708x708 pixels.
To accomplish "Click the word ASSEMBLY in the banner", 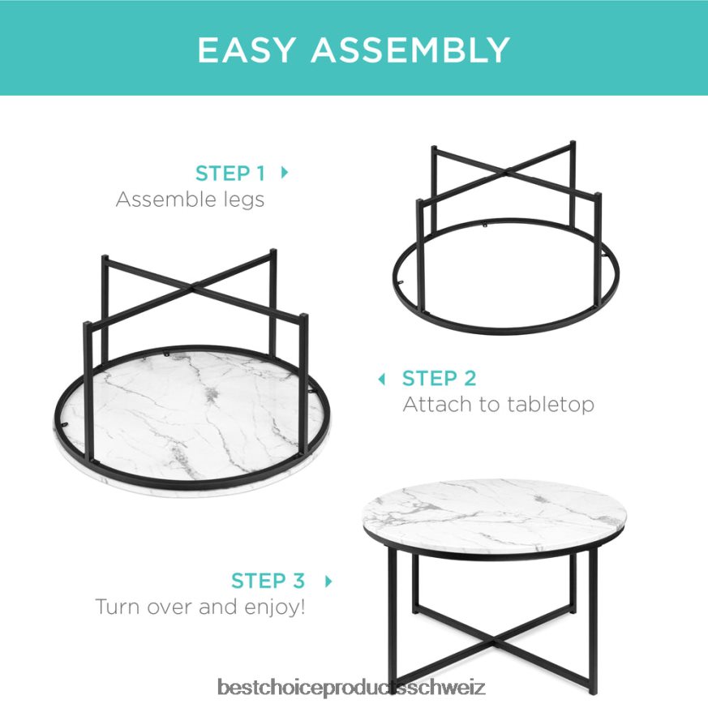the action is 410,49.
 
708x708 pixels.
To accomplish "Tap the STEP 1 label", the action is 230,174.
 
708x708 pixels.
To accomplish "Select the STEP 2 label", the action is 439,379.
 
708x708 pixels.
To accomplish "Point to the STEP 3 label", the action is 268,581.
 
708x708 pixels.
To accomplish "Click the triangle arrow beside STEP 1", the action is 285,172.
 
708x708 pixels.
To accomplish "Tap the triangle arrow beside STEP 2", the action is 381,379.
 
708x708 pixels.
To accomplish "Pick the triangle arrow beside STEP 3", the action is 328,581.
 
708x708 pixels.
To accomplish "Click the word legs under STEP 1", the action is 244,200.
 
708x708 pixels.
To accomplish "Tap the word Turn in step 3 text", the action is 116,607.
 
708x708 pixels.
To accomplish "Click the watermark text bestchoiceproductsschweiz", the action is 351,688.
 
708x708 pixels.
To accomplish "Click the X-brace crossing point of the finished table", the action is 495,640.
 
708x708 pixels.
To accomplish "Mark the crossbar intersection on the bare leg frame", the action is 508,171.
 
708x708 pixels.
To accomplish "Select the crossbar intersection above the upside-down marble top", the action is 195,285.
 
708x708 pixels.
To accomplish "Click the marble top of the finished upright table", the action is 495,511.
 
